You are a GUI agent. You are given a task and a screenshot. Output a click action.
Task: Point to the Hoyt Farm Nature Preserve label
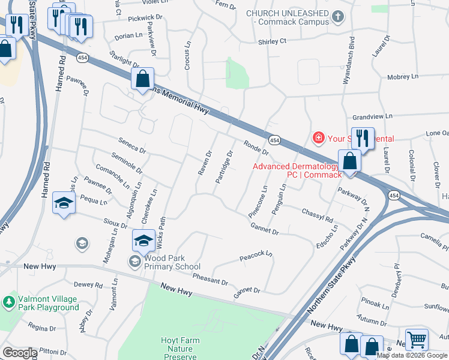tap(180, 348)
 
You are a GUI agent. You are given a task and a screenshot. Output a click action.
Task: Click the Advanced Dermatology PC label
tap(297, 170)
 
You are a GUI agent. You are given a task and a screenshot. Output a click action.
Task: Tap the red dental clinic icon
tap(318, 139)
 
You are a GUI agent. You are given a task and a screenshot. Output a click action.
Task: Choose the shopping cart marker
tap(417, 338)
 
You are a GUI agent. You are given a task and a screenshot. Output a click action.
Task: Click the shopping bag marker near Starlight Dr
tap(142, 79)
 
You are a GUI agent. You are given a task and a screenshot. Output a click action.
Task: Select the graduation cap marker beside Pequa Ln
tap(64, 202)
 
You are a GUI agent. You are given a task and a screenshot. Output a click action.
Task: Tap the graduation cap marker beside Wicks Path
tap(143, 240)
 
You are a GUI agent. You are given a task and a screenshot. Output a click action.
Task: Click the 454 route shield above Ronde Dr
tap(274, 140)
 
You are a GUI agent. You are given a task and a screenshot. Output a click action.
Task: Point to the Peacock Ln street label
tap(256, 255)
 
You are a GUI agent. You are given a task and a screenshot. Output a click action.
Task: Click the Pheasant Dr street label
tap(210, 279)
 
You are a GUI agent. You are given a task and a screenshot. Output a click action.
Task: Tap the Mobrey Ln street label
tap(402, 77)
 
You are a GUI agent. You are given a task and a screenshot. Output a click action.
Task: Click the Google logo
tap(20, 353)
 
